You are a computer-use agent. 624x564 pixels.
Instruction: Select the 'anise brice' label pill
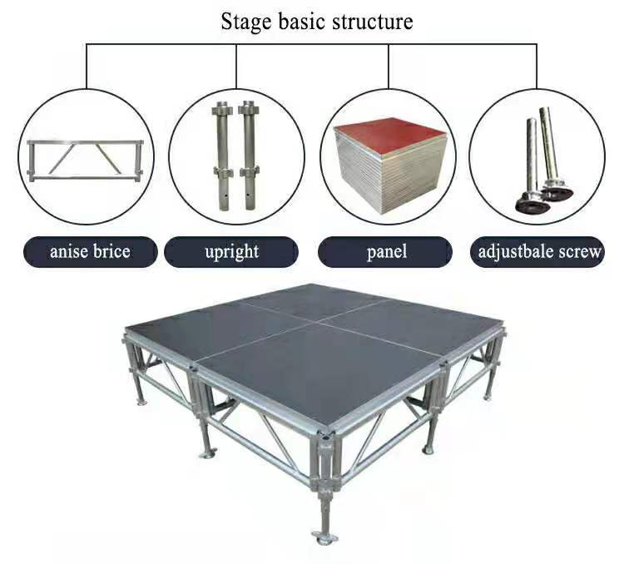[x=91, y=252]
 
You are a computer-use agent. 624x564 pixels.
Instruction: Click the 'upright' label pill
[x=231, y=252]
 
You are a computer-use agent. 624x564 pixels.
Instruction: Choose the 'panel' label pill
[x=385, y=252]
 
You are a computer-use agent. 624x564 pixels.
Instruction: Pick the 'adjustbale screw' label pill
[x=538, y=252]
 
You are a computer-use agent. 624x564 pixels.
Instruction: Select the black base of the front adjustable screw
[x=532, y=203]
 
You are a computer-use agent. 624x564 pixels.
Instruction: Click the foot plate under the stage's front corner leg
[x=324, y=537]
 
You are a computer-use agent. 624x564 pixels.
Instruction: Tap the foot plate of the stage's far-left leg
[x=140, y=402]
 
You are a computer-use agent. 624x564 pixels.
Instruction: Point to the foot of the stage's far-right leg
[x=488, y=397]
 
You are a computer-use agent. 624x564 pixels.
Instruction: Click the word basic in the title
[x=302, y=22]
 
